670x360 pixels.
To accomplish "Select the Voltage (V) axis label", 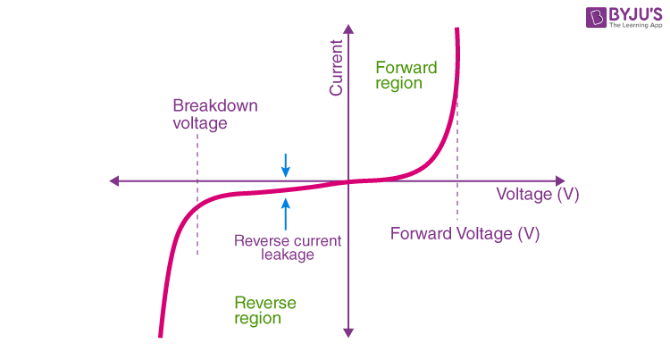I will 537,195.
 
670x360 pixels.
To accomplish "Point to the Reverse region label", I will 264,310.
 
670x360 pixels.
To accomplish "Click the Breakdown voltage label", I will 214,114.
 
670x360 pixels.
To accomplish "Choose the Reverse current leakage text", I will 287,247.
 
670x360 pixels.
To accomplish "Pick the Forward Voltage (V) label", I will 465,234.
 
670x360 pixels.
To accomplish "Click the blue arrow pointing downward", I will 286,164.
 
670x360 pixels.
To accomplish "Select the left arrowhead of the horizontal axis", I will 114,181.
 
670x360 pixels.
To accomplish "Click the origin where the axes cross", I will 348,181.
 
